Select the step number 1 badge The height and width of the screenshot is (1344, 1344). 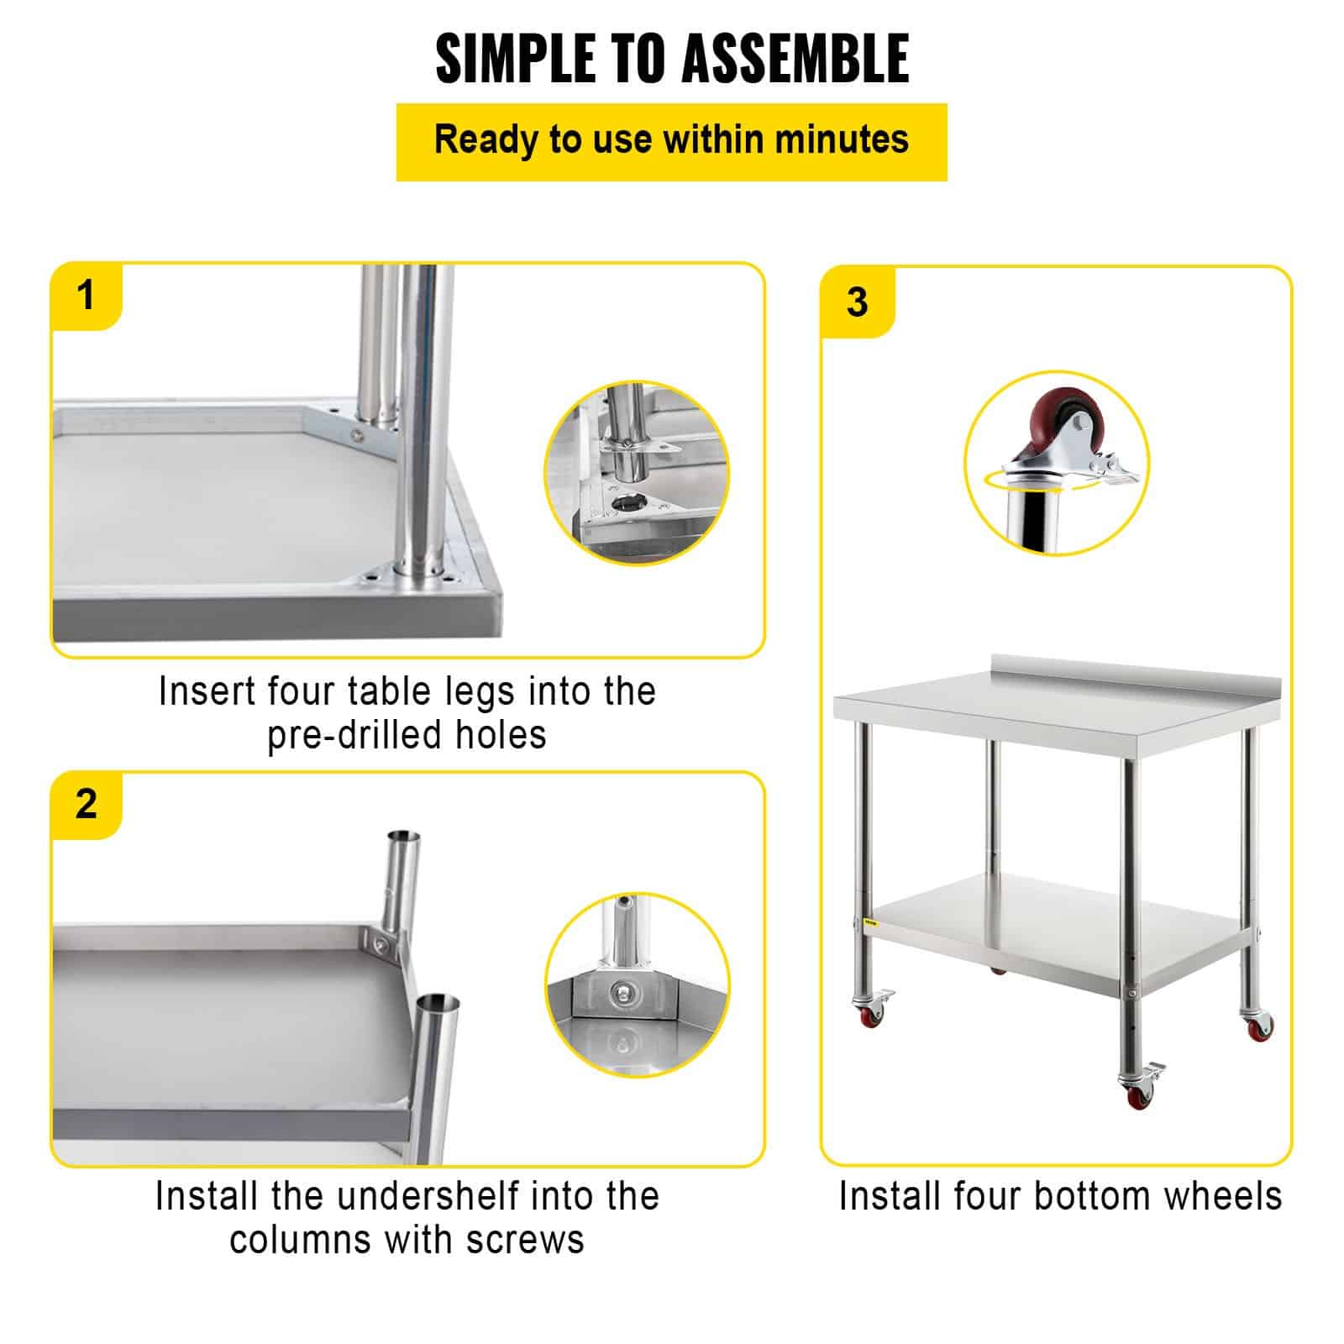point(86,296)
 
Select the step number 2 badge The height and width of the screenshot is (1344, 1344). point(86,804)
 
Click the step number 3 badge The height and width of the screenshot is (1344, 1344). point(857,302)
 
